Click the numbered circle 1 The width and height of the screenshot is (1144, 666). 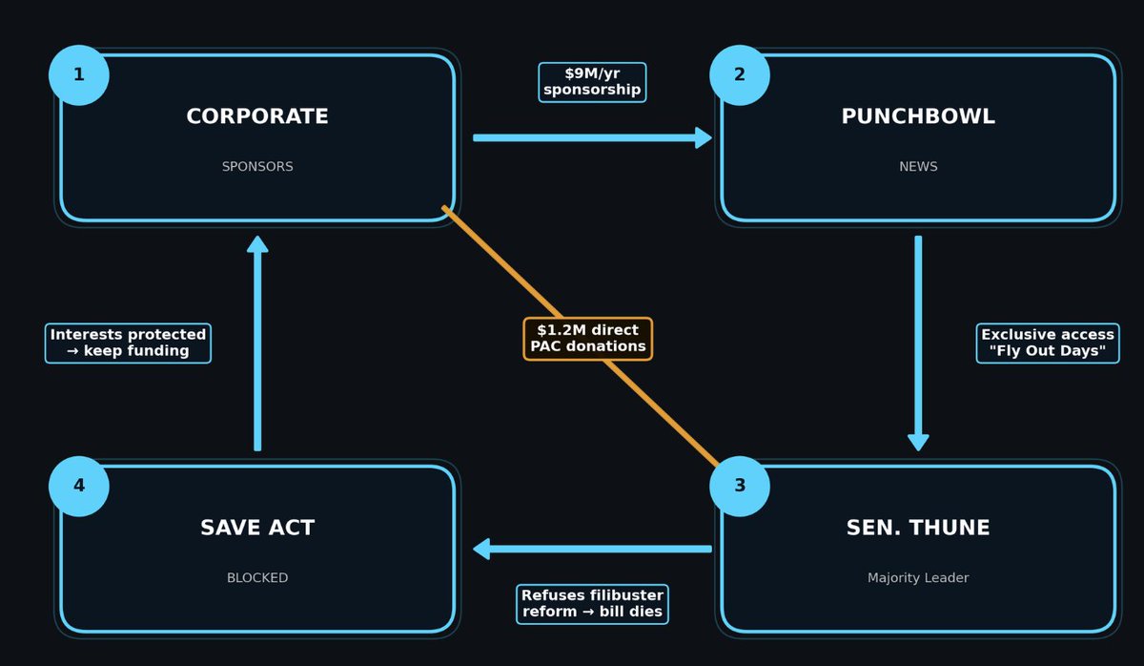point(78,74)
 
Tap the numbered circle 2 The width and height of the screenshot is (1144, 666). point(739,74)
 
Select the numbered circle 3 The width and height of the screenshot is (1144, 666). point(739,486)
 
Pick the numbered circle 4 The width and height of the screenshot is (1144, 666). point(78,486)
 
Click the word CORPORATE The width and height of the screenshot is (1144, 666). point(257,116)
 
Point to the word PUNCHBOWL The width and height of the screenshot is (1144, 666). point(918,116)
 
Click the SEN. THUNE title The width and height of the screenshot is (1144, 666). point(918,528)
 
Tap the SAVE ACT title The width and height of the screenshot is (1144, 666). point(257,528)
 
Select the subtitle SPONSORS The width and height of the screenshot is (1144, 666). point(257,167)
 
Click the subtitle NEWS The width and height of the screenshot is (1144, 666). point(918,167)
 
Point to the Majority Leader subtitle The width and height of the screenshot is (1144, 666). point(918,578)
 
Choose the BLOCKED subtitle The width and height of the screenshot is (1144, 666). point(257,578)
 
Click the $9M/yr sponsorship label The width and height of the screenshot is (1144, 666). point(592,82)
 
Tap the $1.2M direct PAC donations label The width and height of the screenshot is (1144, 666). point(588,339)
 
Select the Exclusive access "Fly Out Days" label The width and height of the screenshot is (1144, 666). point(1048,343)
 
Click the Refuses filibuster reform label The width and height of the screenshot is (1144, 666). point(592,604)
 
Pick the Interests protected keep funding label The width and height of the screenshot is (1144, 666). point(128,343)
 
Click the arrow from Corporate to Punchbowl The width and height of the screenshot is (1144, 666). point(591,137)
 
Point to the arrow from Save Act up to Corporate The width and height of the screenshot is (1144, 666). point(257,343)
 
